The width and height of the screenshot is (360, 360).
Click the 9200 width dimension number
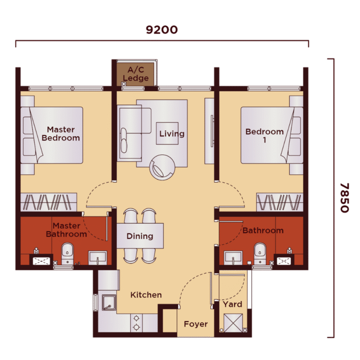tap(162, 30)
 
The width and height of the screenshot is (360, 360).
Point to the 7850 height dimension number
tap(345, 198)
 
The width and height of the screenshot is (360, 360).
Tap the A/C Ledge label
tap(135, 74)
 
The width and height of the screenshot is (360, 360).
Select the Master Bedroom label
tap(61, 134)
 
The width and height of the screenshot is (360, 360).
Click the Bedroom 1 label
tap(264, 135)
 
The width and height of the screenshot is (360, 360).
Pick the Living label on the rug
tap(172, 134)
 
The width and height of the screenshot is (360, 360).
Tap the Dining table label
tap(140, 236)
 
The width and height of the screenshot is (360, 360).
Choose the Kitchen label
tap(146, 295)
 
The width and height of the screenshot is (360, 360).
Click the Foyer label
tap(196, 324)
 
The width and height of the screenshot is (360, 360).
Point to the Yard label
tap(232, 304)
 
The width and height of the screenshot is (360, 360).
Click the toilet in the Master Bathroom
tap(67, 254)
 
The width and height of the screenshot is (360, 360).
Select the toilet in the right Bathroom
tap(260, 254)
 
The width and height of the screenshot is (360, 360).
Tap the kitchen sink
tap(109, 302)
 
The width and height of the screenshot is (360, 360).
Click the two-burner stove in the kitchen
tap(136, 322)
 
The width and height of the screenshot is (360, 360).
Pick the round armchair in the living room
tap(162, 167)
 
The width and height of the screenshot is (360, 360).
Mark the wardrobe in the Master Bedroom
tap(49, 202)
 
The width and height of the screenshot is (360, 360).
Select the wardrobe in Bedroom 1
tap(280, 202)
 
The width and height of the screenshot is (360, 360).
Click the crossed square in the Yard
tap(233, 323)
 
